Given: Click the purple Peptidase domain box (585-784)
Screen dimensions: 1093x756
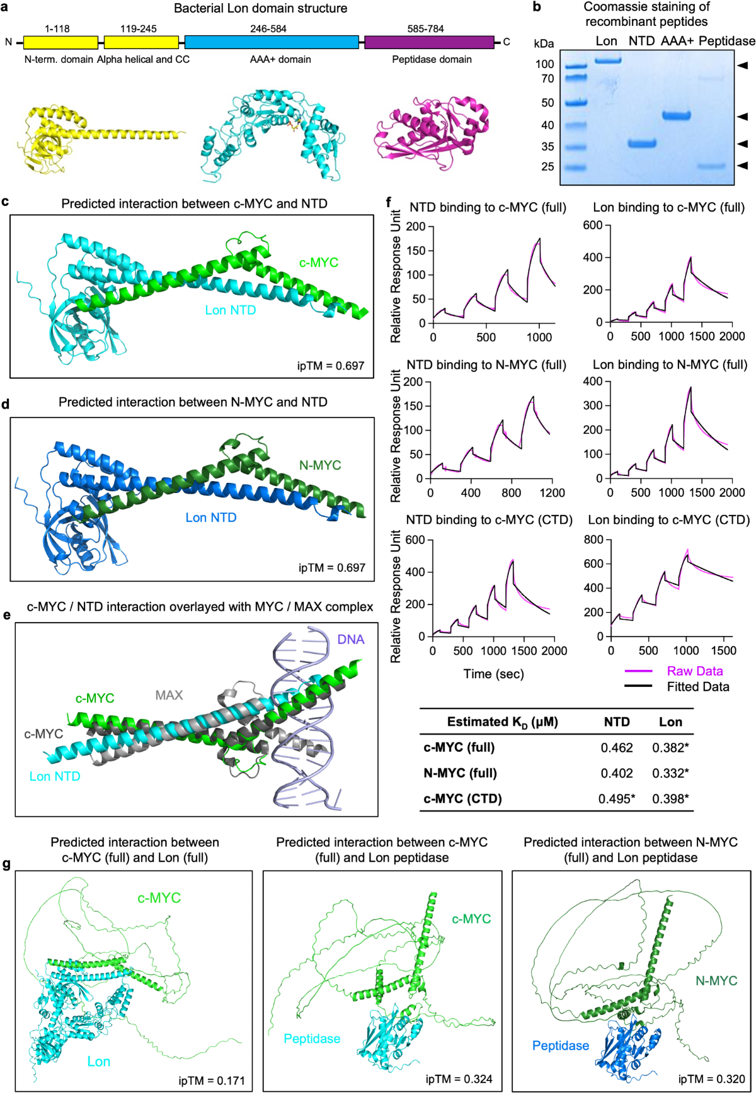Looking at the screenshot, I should pos(429,42).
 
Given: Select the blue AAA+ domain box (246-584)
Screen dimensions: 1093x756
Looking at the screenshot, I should pos(272,42).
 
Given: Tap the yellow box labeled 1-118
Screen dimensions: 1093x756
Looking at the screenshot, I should pos(60,42).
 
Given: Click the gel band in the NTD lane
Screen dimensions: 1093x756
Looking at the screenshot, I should pos(642,144).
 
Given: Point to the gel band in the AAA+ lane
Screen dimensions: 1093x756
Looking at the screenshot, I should pos(676,116).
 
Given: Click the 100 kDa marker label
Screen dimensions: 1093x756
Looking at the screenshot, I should pos(545,64).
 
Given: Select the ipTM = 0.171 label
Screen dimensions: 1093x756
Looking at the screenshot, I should pos(211,1081).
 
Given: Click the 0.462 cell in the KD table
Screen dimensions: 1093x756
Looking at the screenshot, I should pos(617,748).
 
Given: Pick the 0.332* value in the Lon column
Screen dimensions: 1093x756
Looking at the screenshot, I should pos(670,773).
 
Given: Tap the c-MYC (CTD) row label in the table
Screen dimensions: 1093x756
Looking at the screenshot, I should pos(462,799).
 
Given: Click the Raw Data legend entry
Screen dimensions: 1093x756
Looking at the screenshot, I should pos(694,671).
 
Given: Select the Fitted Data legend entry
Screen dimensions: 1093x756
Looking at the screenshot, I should pos(697,687).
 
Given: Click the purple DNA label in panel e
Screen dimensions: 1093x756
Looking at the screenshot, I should pos(350,640).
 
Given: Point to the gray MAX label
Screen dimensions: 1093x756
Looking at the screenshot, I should pos(169,695).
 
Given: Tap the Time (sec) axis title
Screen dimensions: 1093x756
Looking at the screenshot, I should pos(493,674).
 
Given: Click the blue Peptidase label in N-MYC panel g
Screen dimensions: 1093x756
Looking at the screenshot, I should pos(560,1046).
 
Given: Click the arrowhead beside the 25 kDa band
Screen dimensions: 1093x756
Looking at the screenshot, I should pos(743,166).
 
